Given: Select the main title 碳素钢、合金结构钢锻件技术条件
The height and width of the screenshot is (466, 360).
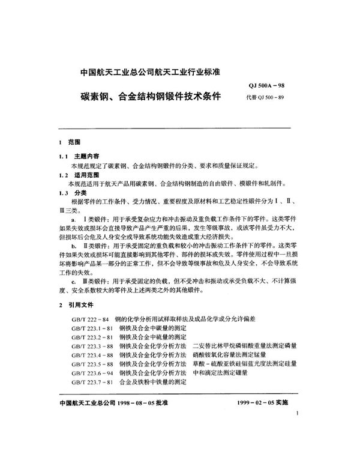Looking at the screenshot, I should pyautogui.click(x=148, y=95).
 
